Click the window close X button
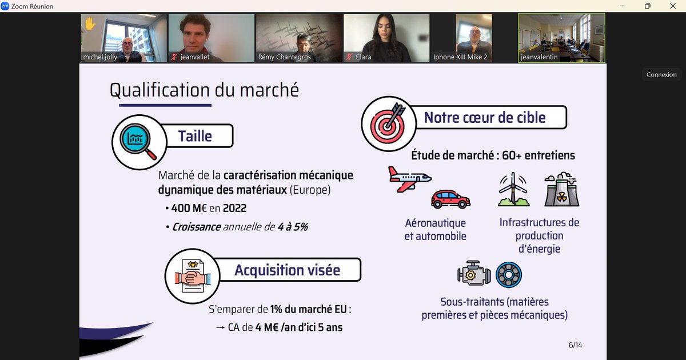673,6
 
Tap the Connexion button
661,74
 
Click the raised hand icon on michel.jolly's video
90,24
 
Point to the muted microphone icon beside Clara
348,57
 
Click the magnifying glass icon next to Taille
137,140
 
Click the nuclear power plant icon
561,190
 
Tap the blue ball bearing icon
508,275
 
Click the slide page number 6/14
575,345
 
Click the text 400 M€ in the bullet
189,209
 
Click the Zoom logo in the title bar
5,6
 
